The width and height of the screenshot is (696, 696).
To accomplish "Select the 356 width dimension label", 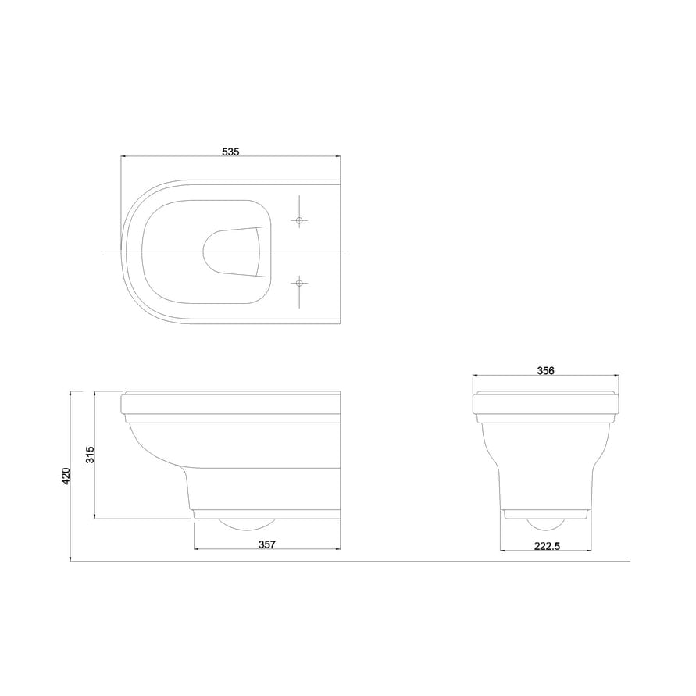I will (546, 371).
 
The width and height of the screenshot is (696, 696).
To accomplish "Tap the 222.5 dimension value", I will (546, 545).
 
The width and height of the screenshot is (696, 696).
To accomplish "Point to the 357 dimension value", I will (267, 544).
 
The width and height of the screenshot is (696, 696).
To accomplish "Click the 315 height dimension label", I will (90, 455).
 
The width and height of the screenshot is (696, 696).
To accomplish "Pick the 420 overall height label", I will (66, 476).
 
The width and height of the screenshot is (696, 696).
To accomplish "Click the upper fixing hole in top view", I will (298, 221).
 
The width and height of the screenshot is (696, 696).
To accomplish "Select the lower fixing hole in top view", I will (298, 282).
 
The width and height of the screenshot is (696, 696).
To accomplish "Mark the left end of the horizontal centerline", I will (102, 252).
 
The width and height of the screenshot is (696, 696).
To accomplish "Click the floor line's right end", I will (629, 561).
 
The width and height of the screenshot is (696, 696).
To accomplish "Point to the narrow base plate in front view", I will (547, 514).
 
